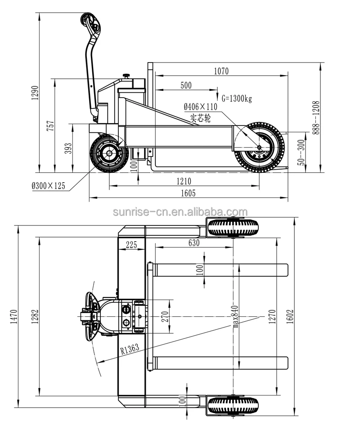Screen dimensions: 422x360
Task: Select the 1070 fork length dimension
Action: [x=221, y=71]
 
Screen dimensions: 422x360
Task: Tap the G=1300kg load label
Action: [x=237, y=98]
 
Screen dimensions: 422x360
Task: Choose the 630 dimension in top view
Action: [x=193, y=243]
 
